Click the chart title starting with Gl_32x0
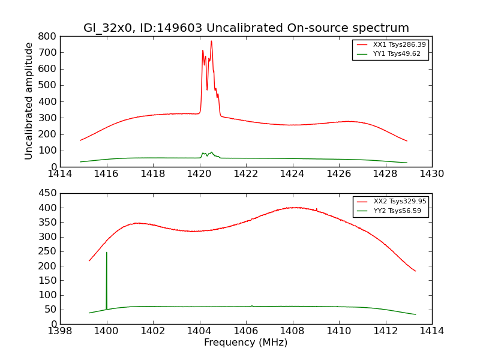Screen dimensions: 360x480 tap(246, 28)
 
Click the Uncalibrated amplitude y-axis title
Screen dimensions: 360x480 tap(29, 101)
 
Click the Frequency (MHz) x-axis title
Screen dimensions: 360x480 tap(246, 343)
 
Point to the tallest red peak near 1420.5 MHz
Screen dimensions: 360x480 tap(211, 41)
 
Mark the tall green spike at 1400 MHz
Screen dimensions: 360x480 tap(107, 253)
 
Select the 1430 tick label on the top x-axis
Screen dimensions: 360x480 tap(431, 174)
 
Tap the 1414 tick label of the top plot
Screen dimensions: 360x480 tap(60, 174)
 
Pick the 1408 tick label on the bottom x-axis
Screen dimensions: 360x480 tap(292, 331)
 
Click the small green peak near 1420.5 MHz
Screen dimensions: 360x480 tap(211, 152)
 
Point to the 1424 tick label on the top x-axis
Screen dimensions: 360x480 tap(292, 174)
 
